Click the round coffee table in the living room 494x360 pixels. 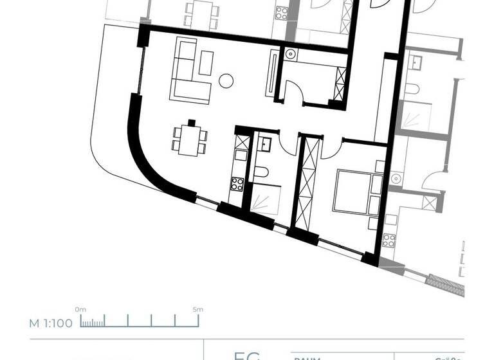click(225, 80)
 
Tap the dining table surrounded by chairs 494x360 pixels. click(190, 140)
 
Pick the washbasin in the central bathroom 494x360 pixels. click(265, 145)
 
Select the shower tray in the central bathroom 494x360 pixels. click(264, 196)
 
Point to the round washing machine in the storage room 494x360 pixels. click(290, 55)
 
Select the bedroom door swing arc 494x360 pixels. click(329, 148)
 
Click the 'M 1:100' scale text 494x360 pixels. click(51, 323)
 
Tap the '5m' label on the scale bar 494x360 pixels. click(197, 309)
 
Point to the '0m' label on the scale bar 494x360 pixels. click(80, 309)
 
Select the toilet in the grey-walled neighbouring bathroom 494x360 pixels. click(412, 89)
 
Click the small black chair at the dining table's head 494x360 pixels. click(191, 122)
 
